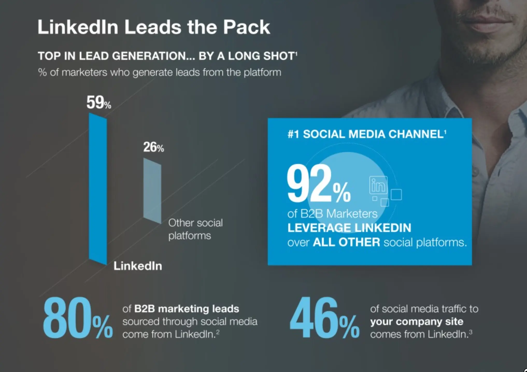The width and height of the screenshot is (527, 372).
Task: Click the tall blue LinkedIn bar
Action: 98,189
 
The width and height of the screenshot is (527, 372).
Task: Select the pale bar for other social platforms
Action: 152,191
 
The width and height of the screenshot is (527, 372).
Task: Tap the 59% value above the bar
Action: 98,103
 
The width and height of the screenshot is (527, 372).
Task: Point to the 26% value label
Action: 153,147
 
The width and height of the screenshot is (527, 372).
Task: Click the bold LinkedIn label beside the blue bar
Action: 138,266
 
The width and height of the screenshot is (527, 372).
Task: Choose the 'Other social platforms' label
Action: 195,229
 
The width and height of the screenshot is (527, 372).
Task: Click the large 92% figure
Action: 318,184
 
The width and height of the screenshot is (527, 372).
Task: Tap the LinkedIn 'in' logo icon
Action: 378,185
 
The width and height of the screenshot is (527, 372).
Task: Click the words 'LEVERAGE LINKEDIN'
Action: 349,228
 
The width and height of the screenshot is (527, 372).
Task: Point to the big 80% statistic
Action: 77,318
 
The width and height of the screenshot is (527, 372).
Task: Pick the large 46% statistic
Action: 324,318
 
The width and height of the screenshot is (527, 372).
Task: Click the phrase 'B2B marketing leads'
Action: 187,309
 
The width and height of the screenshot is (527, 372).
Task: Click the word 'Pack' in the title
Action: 246,27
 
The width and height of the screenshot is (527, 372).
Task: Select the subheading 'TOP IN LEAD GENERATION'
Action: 112,56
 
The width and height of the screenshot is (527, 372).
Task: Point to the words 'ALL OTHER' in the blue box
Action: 346,242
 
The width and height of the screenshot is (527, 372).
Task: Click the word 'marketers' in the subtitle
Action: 84,73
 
